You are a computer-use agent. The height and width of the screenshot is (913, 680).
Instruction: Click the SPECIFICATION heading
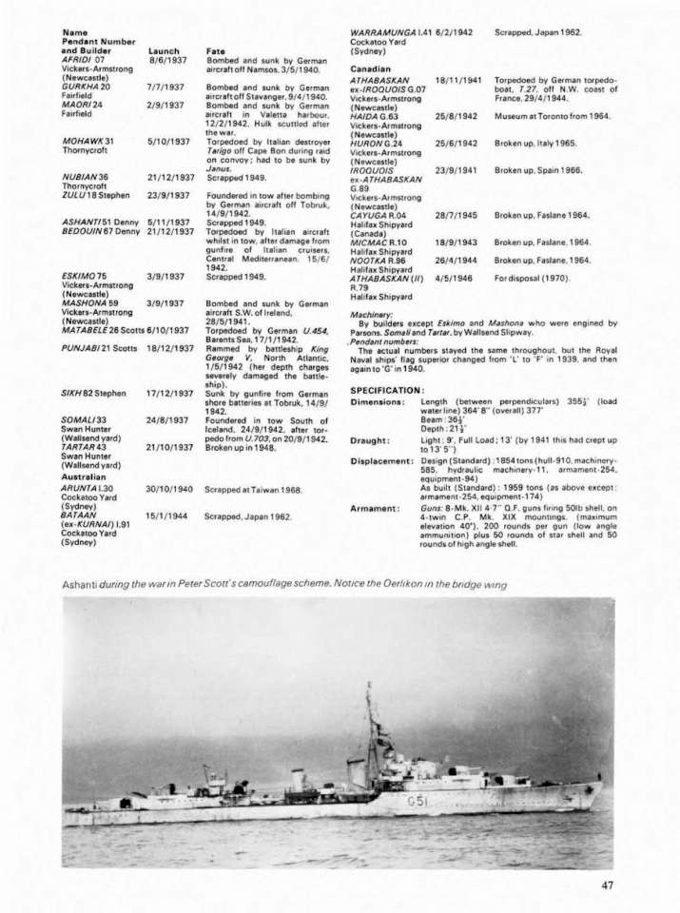pos(386,390)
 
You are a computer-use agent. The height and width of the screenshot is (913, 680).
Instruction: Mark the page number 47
pos(608,885)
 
